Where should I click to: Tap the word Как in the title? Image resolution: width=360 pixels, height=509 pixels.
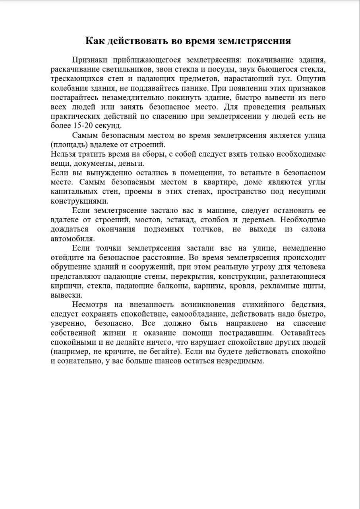point(96,41)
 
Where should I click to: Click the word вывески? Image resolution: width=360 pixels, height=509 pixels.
point(67,295)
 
